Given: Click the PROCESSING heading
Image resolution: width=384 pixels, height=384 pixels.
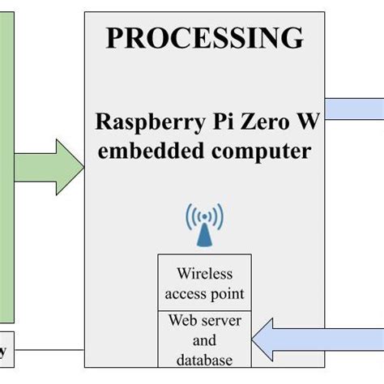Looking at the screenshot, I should pos(204,37).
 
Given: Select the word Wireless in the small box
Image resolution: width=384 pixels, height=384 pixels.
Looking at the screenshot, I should pos(204,275).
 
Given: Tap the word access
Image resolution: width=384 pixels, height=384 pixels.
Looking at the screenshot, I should pos(185,293).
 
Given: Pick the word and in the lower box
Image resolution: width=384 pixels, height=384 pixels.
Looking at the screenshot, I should pos(204,340).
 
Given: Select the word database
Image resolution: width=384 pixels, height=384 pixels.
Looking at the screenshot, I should pos(204,360).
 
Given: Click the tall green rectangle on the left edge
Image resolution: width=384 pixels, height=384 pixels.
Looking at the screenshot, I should pos(7,162).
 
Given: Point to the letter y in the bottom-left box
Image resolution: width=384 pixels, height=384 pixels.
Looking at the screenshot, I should pos(4,352).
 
